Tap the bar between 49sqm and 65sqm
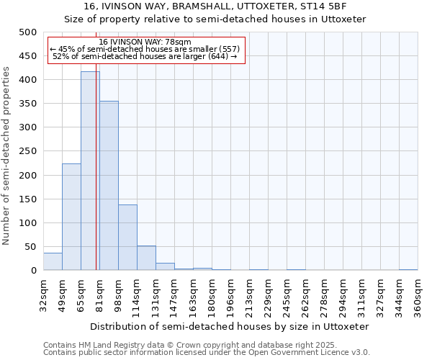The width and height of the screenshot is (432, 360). coord(71,217)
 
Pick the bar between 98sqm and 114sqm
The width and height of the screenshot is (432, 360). coord(127,238)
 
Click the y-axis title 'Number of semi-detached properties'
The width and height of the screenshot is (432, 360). coord(7,156)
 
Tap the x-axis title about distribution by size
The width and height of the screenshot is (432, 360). coord(230,326)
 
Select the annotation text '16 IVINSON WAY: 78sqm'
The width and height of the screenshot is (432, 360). coord(145,42)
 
